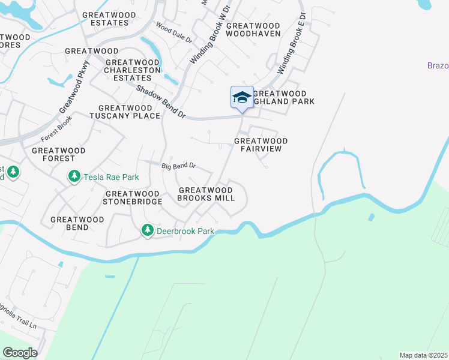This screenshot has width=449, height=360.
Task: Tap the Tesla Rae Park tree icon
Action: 74,177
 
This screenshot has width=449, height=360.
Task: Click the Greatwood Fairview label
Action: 261,145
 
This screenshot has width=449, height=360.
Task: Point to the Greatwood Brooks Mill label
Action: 206,194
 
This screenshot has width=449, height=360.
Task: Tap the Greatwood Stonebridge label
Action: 133,197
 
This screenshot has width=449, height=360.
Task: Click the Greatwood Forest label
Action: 59,154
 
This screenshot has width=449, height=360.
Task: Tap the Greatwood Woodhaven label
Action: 253,29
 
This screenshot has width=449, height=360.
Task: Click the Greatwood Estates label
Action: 106,19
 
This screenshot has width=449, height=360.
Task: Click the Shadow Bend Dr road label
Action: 161,101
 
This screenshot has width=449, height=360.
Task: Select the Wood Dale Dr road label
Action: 173,33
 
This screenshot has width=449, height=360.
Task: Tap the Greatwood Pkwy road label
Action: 74,86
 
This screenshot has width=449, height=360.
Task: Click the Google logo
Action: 20,353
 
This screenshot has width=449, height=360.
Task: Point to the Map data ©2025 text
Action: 423,355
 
